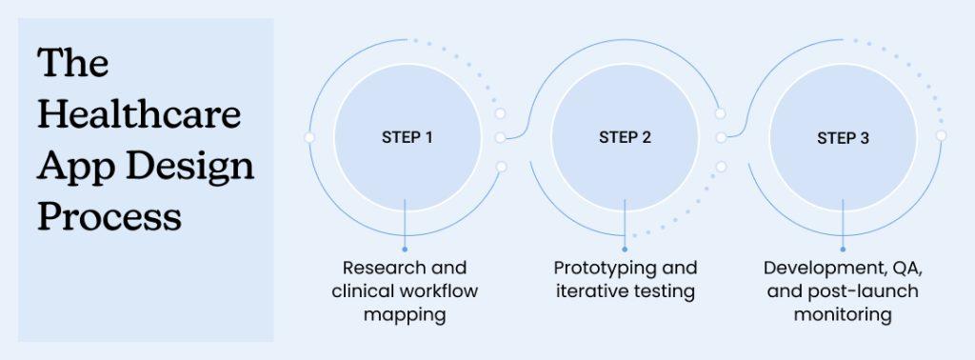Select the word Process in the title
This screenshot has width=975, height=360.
109,217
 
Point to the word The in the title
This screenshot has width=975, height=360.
73,65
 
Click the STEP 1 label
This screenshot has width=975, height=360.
408,137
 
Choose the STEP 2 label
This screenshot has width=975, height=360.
625,137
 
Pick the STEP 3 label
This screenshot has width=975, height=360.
843,138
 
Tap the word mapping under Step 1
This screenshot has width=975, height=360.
405,314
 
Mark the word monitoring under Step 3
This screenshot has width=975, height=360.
843,314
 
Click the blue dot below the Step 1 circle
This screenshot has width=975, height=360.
406,249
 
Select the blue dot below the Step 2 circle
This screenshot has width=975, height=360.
625,249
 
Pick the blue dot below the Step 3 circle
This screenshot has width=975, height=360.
843,249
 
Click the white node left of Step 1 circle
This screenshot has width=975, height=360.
308,137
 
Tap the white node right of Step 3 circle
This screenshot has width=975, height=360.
941,135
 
